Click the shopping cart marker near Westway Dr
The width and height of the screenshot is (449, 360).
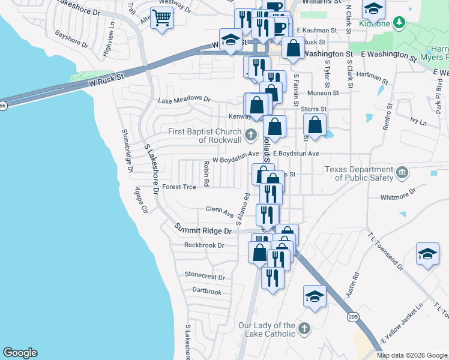click(161, 17)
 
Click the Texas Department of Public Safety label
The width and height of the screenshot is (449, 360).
click(359, 173)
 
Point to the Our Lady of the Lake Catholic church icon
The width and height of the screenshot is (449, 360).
click(304, 328)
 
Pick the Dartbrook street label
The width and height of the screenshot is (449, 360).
click(206, 292)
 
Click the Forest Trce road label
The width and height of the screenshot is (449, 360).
click(179, 187)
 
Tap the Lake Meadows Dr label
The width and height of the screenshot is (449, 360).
click(184, 100)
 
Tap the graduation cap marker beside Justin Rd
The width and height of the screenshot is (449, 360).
click(314, 296)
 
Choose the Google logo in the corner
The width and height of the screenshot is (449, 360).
click(20, 353)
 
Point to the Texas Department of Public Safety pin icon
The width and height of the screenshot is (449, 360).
click(403, 174)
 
